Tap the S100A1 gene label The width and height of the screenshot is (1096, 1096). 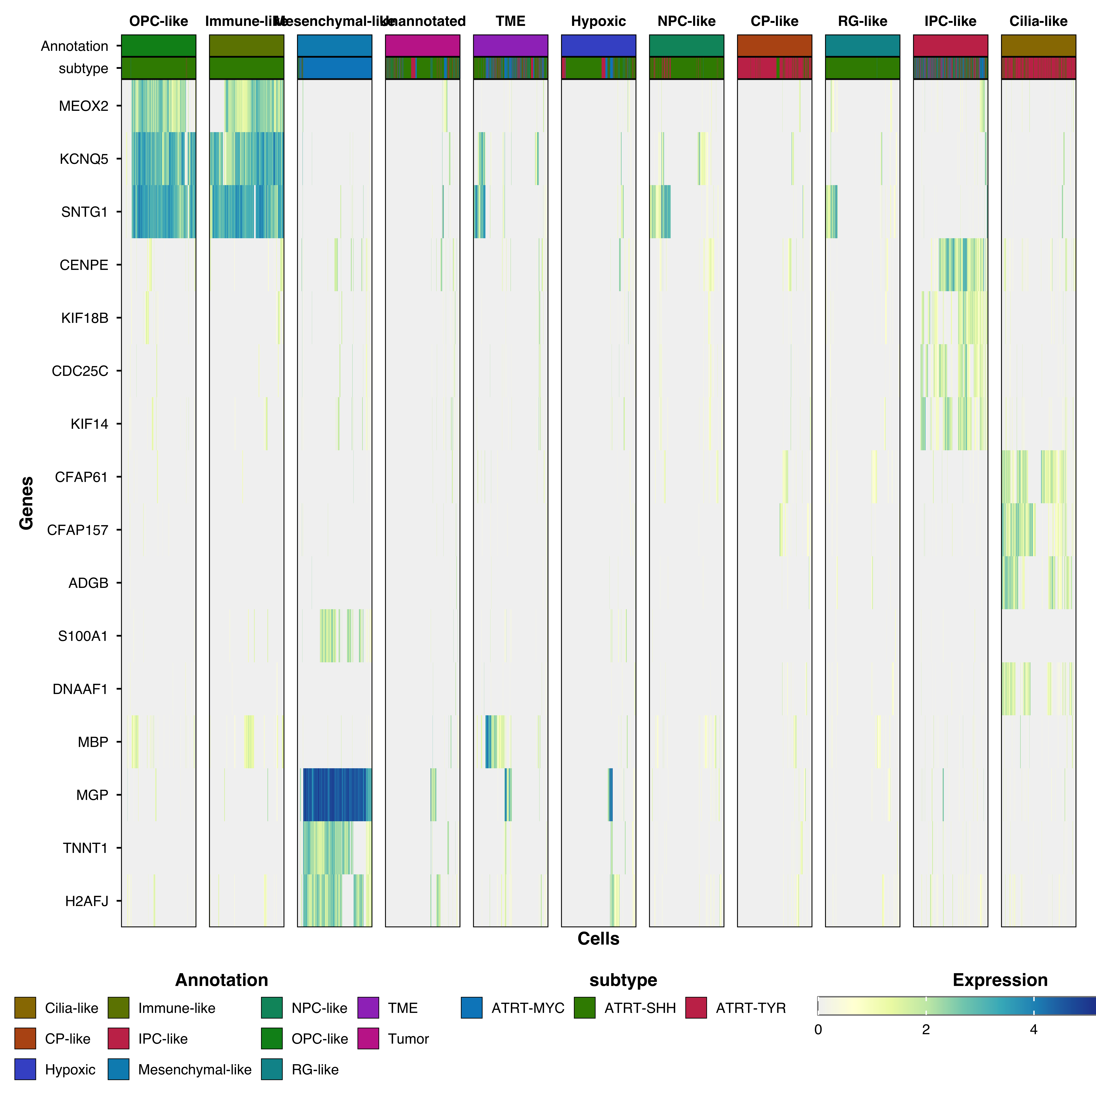(83, 636)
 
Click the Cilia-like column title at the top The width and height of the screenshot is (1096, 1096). (1038, 22)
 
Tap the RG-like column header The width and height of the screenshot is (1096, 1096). (862, 22)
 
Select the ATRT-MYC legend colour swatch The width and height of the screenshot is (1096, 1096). (471, 1008)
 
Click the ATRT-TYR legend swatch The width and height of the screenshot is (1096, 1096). (696, 1008)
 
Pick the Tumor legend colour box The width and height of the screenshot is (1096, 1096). (368, 1039)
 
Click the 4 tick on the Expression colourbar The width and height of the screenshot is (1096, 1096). (1034, 1030)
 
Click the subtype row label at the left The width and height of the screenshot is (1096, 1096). (83, 69)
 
